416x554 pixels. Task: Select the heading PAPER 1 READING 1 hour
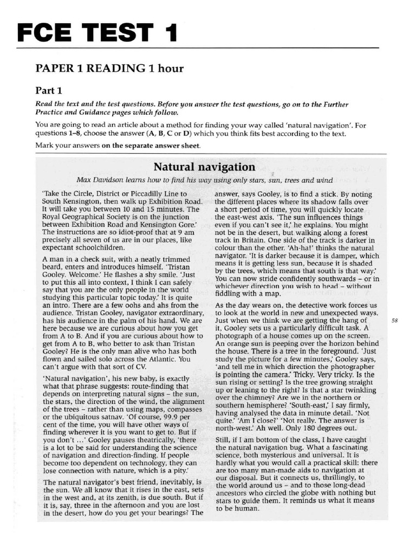[x=109, y=68]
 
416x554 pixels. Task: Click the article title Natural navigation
[x=204, y=167]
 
